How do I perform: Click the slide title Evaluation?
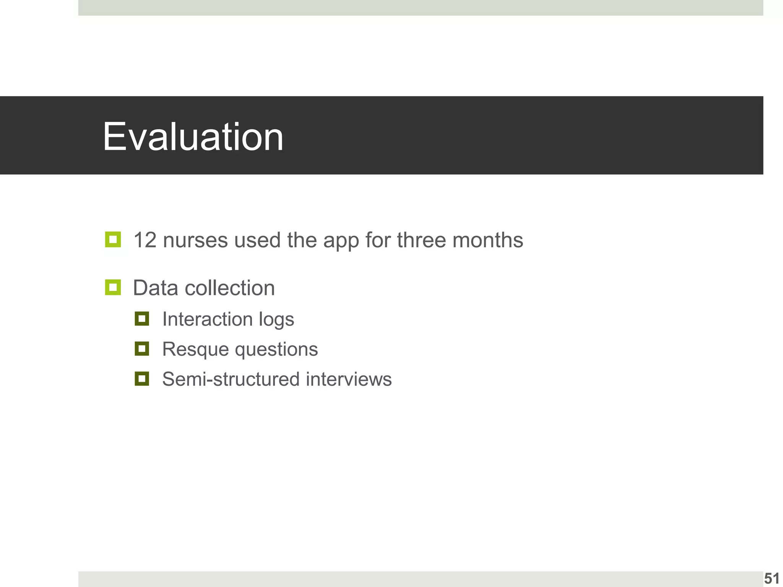click(193, 137)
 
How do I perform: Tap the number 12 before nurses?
click(145, 240)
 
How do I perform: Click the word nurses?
click(195, 240)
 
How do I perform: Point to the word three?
click(421, 240)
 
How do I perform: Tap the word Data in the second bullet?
click(155, 288)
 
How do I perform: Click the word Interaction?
click(207, 319)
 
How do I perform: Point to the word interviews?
click(349, 379)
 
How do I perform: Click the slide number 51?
click(772, 579)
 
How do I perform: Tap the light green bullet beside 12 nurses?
click(113, 240)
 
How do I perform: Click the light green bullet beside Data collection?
click(113, 287)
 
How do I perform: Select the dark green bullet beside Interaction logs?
click(142, 318)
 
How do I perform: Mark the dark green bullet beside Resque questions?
click(142, 349)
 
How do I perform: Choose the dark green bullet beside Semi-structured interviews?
click(142, 379)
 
